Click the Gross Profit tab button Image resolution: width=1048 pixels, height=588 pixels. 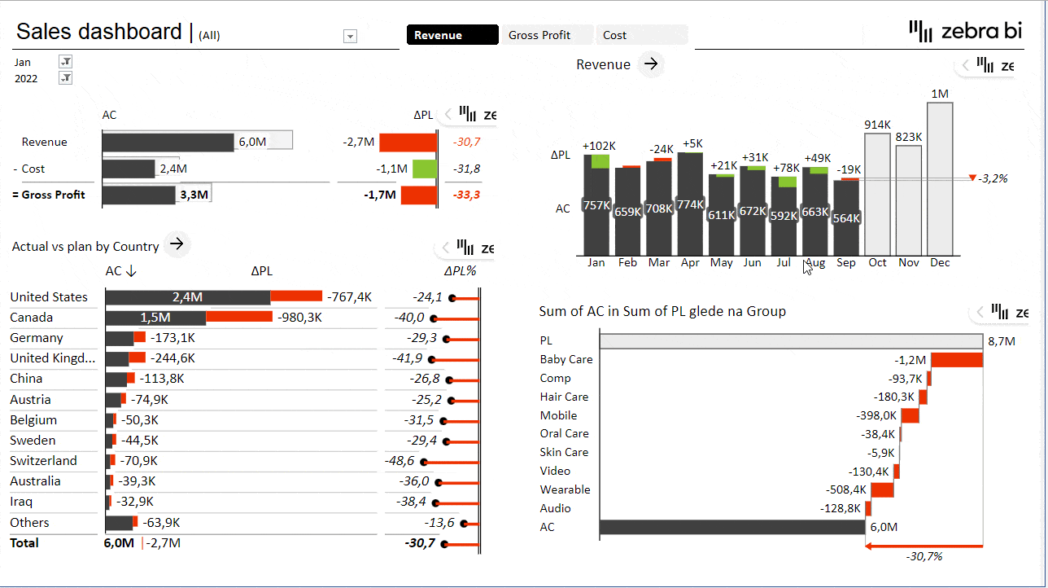(539, 35)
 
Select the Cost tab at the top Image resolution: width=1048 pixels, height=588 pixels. (615, 35)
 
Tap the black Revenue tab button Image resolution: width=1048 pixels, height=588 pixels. (452, 35)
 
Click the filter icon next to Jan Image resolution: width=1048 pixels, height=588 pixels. (66, 62)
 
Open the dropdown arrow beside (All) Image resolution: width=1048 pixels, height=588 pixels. (351, 36)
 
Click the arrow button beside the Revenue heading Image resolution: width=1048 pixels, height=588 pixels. (651, 64)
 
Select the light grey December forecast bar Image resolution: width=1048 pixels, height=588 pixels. (940, 179)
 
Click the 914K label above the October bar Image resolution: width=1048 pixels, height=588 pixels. (877, 125)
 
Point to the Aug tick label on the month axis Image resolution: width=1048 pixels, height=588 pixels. (814, 263)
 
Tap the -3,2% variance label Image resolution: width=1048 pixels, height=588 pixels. (993, 178)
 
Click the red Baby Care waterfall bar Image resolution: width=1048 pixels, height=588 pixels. (957, 359)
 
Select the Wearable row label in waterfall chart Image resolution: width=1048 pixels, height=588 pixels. (565, 489)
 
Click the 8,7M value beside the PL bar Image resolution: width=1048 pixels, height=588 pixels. (1002, 341)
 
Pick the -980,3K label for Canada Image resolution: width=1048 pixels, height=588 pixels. (299, 318)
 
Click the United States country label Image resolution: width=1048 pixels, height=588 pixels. (49, 297)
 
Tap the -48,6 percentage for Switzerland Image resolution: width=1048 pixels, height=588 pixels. (400, 461)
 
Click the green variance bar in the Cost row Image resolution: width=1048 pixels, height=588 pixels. (424, 169)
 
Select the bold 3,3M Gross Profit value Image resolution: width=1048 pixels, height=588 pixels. (194, 195)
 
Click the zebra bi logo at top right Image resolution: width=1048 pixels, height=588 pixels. (965, 32)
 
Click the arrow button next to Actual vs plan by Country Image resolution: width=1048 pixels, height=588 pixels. (177, 244)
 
